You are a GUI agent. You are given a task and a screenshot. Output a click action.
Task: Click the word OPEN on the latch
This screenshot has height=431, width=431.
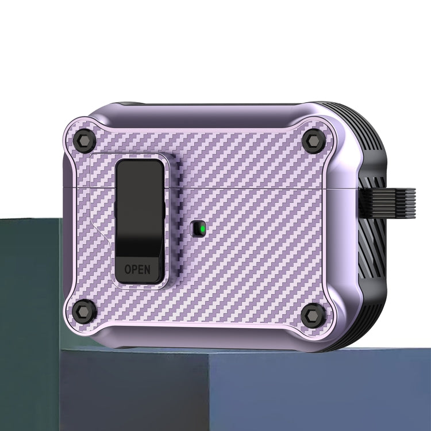coord(137,269)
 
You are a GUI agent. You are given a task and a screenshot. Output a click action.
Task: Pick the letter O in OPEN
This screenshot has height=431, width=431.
coord(128,269)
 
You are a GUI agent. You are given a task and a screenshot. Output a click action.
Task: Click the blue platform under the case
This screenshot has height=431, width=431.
coord(230,391)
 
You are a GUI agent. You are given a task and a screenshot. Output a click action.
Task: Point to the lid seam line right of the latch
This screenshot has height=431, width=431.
coord(259,188)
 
